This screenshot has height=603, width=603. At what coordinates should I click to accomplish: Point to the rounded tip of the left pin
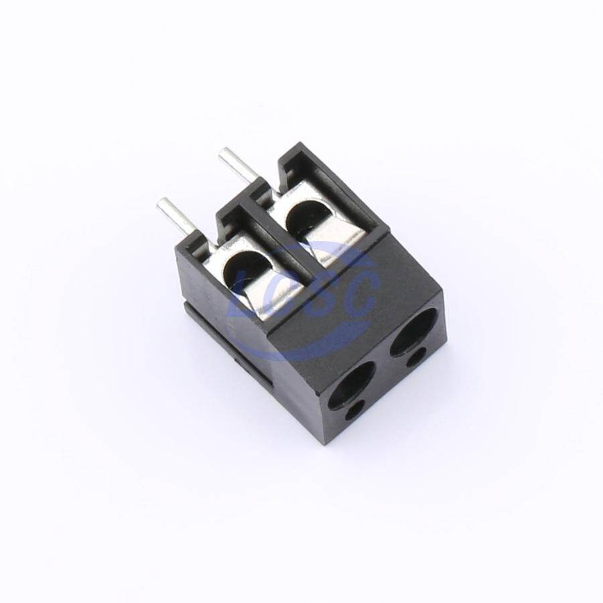[x=161, y=202]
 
